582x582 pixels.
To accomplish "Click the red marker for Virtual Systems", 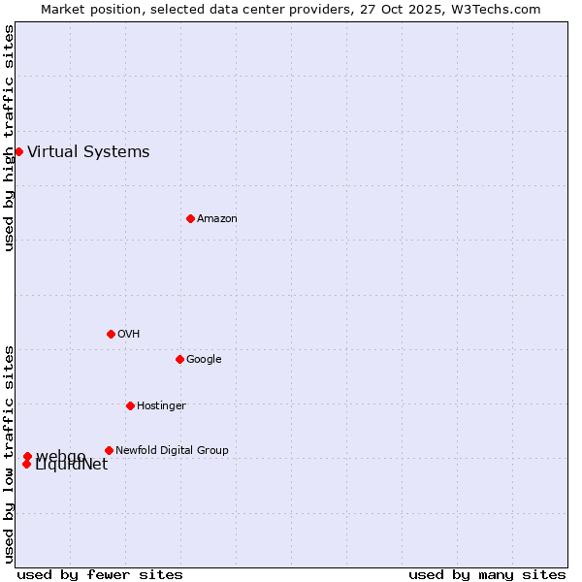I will point(18,151).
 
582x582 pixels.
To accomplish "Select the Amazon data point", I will point(190,218).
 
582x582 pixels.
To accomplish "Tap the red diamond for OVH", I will point(111,334).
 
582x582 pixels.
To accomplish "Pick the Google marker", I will point(179,359).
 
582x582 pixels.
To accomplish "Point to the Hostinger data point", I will point(130,405).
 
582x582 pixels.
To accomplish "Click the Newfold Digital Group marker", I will point(109,450).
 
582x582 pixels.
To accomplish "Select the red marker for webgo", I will point(27,456).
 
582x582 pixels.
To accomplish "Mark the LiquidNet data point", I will point(26,464).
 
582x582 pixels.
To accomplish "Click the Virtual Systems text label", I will point(88,151).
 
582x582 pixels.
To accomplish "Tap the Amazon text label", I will point(217,218).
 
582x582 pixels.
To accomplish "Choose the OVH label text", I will point(129,334).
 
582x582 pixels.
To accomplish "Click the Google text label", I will point(204,359).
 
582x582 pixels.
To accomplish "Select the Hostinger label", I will point(161,405).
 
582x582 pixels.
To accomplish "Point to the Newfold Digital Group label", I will point(172,450).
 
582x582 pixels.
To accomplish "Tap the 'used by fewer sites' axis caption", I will point(100,574).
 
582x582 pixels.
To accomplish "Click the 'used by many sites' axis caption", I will point(487,574).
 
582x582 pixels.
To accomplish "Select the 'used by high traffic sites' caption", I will point(9,138).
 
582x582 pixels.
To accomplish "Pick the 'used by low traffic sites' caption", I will point(9,453).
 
